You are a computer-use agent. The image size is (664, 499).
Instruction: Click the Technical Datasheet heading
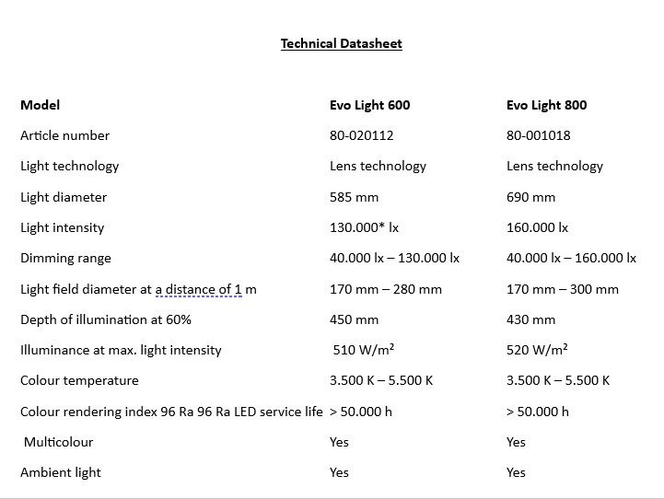tap(341, 43)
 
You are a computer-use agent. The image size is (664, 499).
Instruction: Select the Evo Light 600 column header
tap(369, 105)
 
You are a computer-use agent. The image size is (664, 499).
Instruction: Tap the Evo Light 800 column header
tap(546, 105)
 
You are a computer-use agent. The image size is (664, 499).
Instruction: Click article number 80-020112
tap(361, 135)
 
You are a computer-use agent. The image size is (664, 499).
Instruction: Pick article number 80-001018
tap(538, 135)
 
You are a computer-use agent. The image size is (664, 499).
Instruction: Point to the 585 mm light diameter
tap(354, 197)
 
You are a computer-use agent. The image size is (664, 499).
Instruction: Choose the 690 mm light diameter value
tap(530, 197)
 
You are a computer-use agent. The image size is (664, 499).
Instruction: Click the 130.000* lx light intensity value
tap(364, 227)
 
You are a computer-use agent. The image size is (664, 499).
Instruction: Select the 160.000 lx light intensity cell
tap(537, 227)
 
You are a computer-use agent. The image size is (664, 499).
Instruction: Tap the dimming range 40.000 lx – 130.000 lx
tap(394, 259)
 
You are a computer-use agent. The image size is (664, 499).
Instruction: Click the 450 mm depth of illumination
tap(354, 319)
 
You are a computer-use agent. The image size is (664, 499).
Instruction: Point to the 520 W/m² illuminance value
tap(537, 350)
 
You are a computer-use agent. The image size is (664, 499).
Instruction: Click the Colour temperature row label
tap(79, 380)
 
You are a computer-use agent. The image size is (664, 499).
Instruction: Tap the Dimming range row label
tap(65, 259)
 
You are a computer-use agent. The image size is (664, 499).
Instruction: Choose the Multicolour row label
tap(58, 442)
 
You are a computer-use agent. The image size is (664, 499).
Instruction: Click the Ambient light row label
tap(61, 472)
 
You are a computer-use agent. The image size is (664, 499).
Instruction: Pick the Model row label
tap(40, 105)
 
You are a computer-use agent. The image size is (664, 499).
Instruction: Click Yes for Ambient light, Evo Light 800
tap(516, 472)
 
